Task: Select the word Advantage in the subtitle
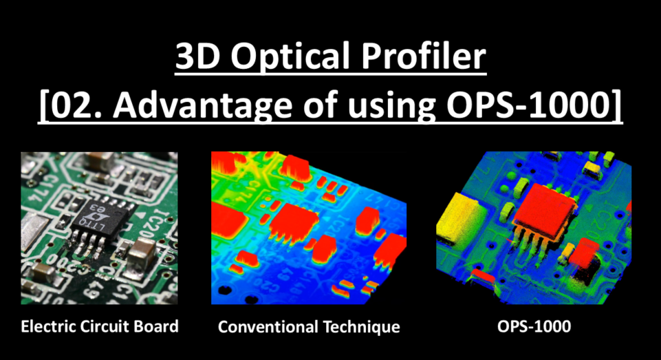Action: tap(202, 105)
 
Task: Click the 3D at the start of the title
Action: tap(197, 56)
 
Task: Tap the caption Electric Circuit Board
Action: tap(100, 326)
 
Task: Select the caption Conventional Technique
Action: tap(309, 327)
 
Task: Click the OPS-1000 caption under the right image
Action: tap(534, 326)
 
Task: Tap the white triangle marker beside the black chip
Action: tap(139, 214)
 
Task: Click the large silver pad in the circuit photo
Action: tap(35, 230)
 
